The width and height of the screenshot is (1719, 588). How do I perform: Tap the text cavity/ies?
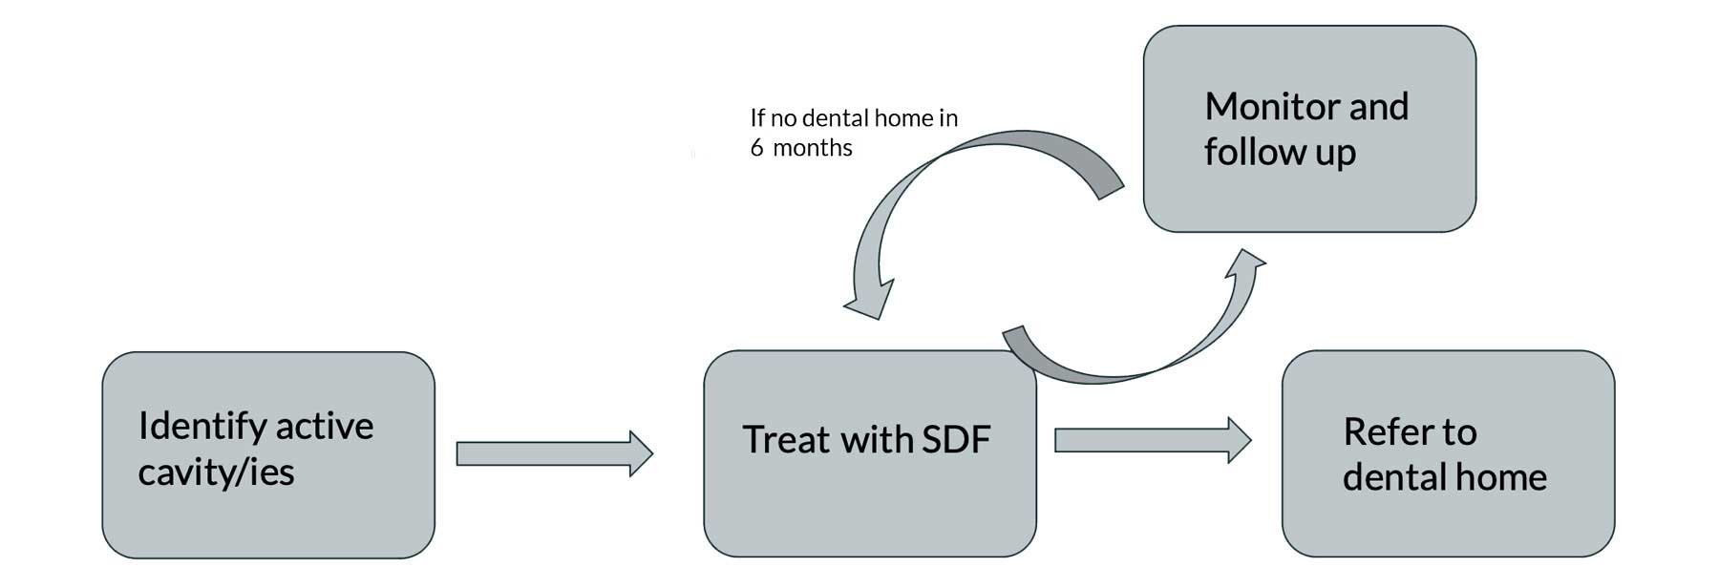(x=216, y=472)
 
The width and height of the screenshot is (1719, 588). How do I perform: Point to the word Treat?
(x=786, y=439)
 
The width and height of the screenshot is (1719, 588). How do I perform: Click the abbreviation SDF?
(x=955, y=439)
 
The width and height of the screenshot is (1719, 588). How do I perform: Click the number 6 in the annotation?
(x=756, y=148)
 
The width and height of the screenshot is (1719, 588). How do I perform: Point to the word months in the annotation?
(x=812, y=148)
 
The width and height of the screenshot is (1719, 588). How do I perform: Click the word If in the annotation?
(x=757, y=117)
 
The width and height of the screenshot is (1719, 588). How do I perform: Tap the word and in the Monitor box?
(x=1378, y=106)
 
